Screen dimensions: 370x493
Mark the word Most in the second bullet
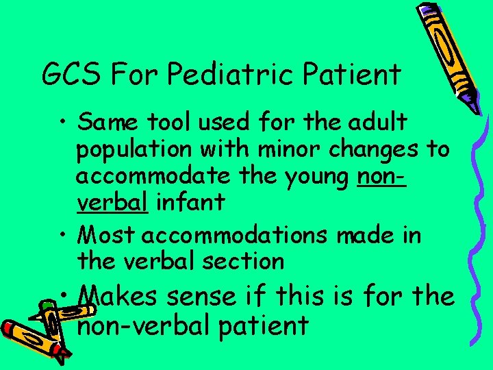tap(107, 234)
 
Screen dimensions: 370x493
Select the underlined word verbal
tap(112, 202)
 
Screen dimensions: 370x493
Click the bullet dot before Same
tap(62, 123)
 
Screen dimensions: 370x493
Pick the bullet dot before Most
tap(62, 236)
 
